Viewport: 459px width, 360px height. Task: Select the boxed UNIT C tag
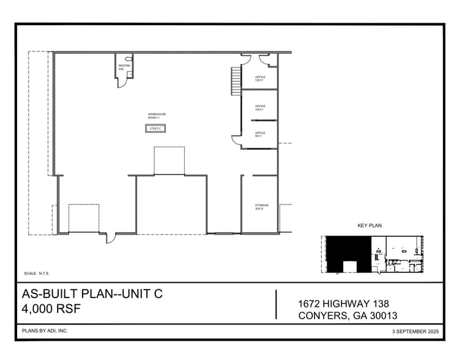[155, 129]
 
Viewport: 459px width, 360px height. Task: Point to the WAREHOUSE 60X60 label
[157, 116]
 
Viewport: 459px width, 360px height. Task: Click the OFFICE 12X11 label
[260, 78]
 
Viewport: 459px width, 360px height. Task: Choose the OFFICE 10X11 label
[260, 108]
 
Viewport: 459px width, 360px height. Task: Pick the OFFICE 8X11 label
[260, 133]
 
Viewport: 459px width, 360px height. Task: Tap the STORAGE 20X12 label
[259, 207]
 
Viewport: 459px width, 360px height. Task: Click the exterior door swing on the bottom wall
[111, 238]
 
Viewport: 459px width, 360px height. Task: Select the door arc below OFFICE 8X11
[236, 140]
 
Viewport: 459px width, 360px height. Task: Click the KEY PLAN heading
[370, 226]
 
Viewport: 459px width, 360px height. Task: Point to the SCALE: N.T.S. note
[37, 274]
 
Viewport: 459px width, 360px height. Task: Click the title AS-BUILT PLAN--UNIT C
[92, 294]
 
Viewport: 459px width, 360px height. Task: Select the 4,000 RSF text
[51, 308]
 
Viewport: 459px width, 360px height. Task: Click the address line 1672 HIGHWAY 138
[343, 304]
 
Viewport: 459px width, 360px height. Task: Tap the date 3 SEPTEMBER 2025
[416, 331]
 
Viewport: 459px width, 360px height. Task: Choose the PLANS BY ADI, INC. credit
[45, 331]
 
